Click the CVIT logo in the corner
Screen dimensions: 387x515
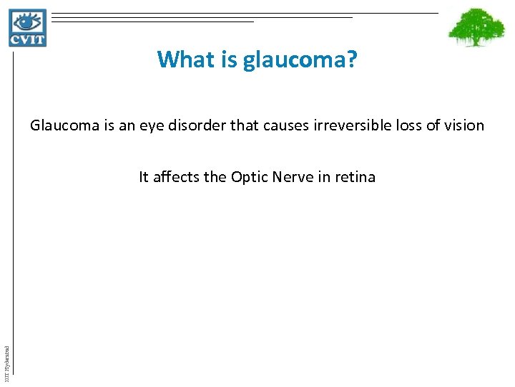tap(28, 28)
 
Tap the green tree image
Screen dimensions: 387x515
tap(476, 28)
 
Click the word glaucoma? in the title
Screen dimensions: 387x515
tap(300, 59)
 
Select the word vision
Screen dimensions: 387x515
tap(464, 126)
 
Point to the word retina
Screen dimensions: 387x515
tap(354, 177)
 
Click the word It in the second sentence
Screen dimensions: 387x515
tap(144, 177)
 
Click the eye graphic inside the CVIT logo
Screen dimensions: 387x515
tap(27, 21)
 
